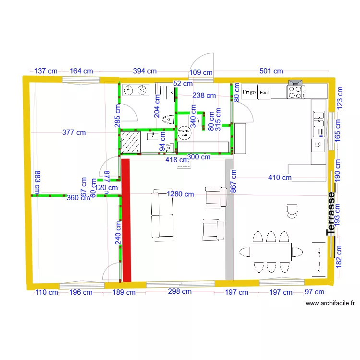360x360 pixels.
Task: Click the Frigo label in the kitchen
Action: pos(249,92)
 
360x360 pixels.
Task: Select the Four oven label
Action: pos(264,92)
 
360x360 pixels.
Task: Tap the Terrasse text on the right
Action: pos(331,214)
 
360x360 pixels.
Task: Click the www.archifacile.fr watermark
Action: pos(331,303)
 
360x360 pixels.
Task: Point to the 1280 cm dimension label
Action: pos(180,194)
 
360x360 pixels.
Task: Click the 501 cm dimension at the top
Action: pos(271,71)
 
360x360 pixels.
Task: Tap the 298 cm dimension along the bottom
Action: pos(180,291)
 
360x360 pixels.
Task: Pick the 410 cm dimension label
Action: pos(280,178)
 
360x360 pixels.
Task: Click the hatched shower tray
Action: pos(130,143)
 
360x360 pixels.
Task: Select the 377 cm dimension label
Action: pos(74,132)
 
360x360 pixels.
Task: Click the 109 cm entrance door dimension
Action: pos(201,72)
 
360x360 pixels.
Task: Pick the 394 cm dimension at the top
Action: pos(144,71)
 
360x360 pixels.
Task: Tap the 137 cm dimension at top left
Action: pos(46,71)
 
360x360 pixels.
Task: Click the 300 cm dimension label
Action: pos(199,156)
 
